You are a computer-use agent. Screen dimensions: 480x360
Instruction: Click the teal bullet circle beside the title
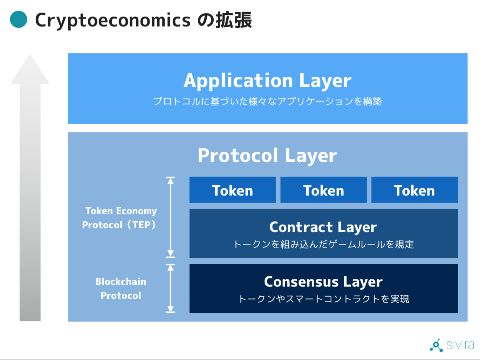pos(19,19)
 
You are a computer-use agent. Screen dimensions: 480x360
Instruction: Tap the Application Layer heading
pos(267,81)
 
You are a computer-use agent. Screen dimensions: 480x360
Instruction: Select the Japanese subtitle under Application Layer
pos(268,102)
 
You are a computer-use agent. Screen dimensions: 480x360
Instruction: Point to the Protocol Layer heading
pos(267,155)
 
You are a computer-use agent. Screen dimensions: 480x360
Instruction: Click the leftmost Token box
pos(233,190)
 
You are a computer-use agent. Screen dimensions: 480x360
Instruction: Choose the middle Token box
pos(324,190)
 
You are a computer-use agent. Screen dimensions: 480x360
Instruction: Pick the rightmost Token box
pos(414,190)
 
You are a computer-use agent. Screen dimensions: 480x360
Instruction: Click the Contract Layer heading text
pos(323,227)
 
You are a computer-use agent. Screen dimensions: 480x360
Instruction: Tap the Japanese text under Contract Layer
pos(324,244)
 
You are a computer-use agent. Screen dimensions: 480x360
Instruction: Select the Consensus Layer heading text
pos(323,282)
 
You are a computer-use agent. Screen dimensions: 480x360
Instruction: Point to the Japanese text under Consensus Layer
pos(324,299)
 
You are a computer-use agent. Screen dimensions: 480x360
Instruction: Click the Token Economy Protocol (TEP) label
pos(119,218)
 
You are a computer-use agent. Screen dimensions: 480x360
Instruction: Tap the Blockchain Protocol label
pos(121,289)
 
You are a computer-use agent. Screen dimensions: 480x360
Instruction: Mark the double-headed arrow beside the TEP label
pos(171,217)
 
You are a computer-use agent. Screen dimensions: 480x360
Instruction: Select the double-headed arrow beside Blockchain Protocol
pos(171,288)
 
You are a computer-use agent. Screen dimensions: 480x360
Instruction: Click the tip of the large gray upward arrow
pos(30,54)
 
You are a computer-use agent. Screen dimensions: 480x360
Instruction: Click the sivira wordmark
pos(460,345)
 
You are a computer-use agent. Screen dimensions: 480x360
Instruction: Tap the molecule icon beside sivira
pos(437,345)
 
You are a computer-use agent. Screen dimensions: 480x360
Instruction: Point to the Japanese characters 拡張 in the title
pos(234,20)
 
